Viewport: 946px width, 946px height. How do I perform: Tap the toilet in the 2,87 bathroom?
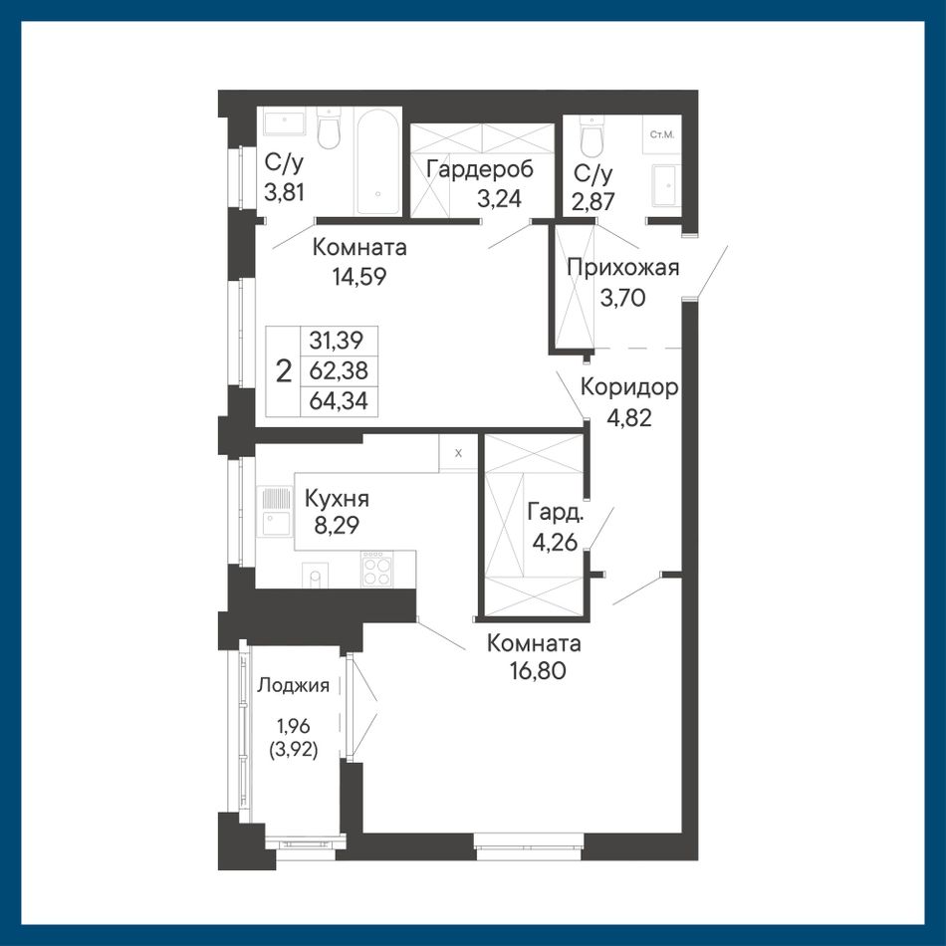591,135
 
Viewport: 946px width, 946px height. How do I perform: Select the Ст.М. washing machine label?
662,134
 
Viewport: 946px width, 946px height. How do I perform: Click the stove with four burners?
376,569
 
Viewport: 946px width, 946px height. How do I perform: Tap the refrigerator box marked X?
458,452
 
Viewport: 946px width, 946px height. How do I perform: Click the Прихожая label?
623,267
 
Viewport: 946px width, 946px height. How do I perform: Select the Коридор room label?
629,388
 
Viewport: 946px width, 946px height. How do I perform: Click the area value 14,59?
358,276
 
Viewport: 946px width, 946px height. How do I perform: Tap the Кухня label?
337,498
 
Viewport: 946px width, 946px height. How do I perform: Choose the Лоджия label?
294,685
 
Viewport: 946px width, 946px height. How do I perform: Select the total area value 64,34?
339,400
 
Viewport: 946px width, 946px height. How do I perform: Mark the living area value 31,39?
336,341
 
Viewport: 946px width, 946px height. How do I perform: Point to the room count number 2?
284,371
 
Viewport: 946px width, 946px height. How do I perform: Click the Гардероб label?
480,169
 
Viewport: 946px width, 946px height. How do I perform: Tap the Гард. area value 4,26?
555,541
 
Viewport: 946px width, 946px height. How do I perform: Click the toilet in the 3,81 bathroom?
330,128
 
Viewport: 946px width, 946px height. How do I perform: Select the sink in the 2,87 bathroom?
666,185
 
